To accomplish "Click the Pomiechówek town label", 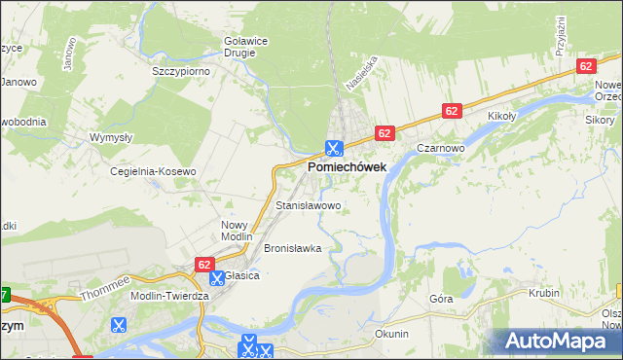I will coord(347,167).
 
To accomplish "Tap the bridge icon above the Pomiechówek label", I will coord(333,149).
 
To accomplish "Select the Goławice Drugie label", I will coord(245,47).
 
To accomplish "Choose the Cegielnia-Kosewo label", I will coord(153,171).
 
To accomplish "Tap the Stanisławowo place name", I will coord(308,206).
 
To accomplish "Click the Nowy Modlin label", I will coord(236,231).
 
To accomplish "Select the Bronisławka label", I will coord(292,248).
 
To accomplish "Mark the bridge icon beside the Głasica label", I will coord(217,277).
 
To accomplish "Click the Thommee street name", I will coord(105,286).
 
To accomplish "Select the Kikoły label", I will coord(501,116).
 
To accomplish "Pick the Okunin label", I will coord(391,334).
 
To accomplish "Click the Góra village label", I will coord(441,300).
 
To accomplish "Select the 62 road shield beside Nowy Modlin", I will coord(204,264).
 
